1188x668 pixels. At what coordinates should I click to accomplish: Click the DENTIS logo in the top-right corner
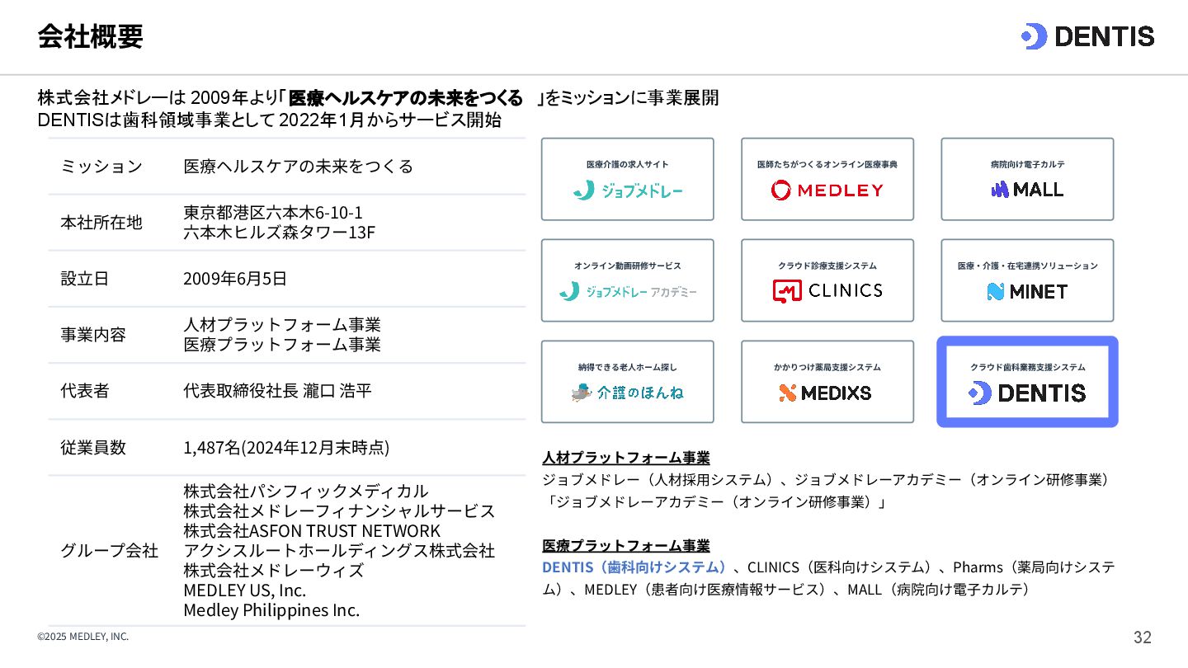[x=1087, y=36]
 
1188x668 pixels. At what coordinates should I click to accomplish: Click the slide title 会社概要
[x=90, y=36]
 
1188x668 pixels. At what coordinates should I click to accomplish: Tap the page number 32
[x=1143, y=637]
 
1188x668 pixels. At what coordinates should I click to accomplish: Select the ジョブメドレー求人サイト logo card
[x=628, y=179]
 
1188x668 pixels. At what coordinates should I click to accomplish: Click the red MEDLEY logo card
[x=827, y=179]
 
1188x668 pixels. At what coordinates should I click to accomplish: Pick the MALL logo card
[x=1027, y=179]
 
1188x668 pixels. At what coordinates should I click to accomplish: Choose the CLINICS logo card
[x=827, y=280]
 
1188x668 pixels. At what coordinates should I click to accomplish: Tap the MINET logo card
[x=1027, y=280]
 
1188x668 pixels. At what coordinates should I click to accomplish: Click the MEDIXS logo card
[x=827, y=382]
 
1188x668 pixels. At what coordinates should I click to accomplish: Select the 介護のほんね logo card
[x=628, y=382]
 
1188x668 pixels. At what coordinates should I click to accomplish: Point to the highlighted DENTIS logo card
[x=1027, y=382]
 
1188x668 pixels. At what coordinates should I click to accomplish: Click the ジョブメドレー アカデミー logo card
[x=628, y=280]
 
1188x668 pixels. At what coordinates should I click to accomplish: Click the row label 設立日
[x=85, y=279]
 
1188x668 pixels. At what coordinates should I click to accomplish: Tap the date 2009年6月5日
[x=235, y=279]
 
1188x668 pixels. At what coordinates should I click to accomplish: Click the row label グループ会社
[x=110, y=550]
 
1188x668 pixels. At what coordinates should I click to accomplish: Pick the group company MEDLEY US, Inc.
[x=245, y=590]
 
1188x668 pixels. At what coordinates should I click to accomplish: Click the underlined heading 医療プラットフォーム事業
[x=626, y=545]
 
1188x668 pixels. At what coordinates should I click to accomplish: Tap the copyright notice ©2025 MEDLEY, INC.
[x=83, y=637]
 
